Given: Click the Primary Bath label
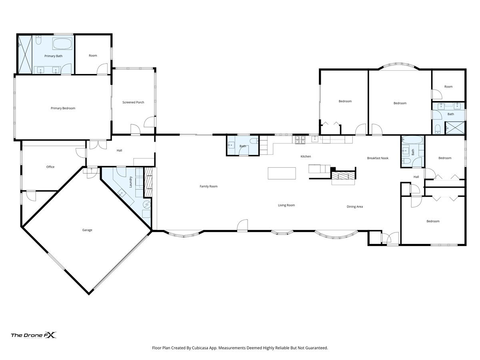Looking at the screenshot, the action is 53,56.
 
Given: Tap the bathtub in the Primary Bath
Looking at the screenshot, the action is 62,44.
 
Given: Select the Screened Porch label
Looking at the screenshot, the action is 133,102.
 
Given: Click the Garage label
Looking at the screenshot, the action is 87,230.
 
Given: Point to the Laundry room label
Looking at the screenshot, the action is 130,182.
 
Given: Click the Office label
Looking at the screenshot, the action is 50,167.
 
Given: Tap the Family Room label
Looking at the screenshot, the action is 208,186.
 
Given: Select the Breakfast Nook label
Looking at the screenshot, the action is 378,158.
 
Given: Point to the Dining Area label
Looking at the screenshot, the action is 355,206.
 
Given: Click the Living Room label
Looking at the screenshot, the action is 286,205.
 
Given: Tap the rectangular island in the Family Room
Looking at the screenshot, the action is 282,173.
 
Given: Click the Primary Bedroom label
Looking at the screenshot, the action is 63,108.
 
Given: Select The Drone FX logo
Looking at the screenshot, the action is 34,335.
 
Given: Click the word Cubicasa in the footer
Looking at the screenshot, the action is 200,348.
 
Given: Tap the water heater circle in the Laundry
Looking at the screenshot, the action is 147,204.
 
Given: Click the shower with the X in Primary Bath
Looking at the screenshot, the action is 25,54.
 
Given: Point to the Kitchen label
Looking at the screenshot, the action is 306,156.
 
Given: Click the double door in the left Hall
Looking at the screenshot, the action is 98,145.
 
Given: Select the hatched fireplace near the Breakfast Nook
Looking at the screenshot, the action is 343,176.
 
